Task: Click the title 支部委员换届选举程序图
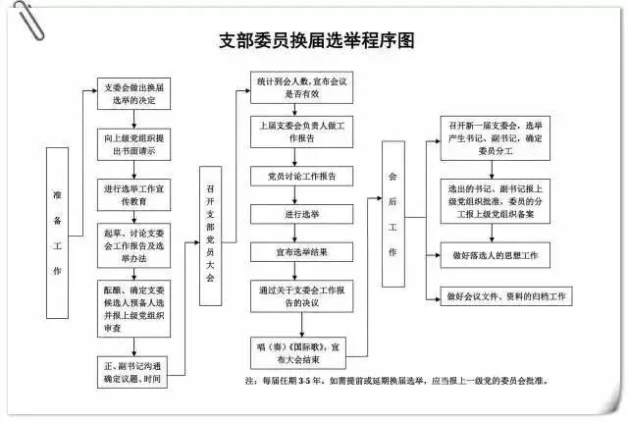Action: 316,40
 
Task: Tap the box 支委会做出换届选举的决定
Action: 135,94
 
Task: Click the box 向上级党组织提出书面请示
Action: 135,145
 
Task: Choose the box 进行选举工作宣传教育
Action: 135,194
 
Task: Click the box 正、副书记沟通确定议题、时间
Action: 135,373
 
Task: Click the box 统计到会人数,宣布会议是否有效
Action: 295,88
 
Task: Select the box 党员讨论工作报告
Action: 295,177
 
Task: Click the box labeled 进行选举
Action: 295,214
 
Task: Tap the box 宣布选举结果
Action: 295,252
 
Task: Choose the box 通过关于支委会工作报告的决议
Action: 295,297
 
